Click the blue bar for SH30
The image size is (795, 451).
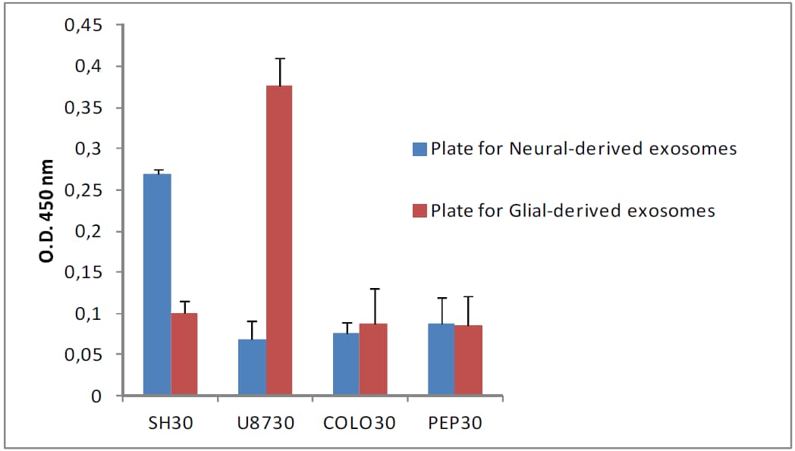coord(157,284)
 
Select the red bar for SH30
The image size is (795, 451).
coord(184,354)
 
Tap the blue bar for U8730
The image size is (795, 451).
coord(252,368)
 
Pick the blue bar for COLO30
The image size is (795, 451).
coord(347,365)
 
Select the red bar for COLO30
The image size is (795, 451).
coord(373,360)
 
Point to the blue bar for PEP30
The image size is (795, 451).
coord(441,360)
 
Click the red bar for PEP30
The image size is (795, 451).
coord(469,361)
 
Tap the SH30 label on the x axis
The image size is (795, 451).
coord(171,423)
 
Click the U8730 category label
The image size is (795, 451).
coord(266,423)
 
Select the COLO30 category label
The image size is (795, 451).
coord(360,423)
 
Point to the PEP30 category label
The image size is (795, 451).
coord(455,423)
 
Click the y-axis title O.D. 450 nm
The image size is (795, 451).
coord(48,211)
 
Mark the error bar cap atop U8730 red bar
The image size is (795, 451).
coord(279,58)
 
